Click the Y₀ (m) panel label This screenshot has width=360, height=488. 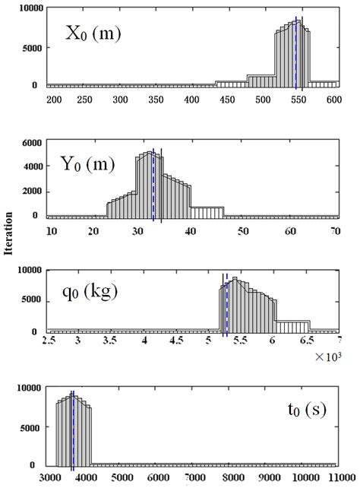[87, 163]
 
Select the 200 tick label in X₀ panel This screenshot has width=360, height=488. [53, 100]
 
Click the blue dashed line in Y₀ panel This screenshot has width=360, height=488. [153, 186]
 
